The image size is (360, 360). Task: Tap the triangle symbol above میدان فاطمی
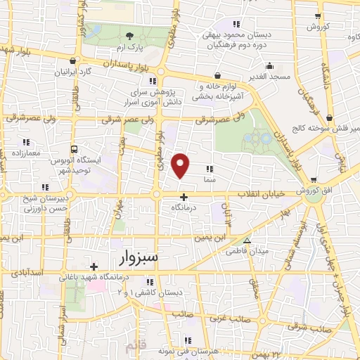[246, 240]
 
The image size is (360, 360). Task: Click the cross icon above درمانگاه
[184, 197]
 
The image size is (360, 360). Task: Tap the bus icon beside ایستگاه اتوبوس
[75, 149]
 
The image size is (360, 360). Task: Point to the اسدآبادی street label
[25, 272]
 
